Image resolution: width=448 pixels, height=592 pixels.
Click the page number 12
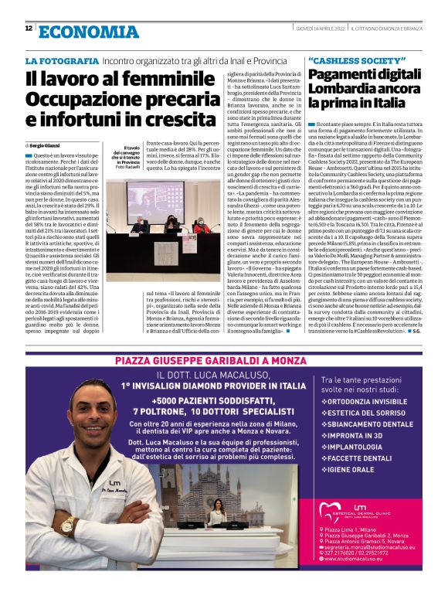[29, 29]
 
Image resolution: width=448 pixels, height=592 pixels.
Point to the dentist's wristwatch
[67, 527]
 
